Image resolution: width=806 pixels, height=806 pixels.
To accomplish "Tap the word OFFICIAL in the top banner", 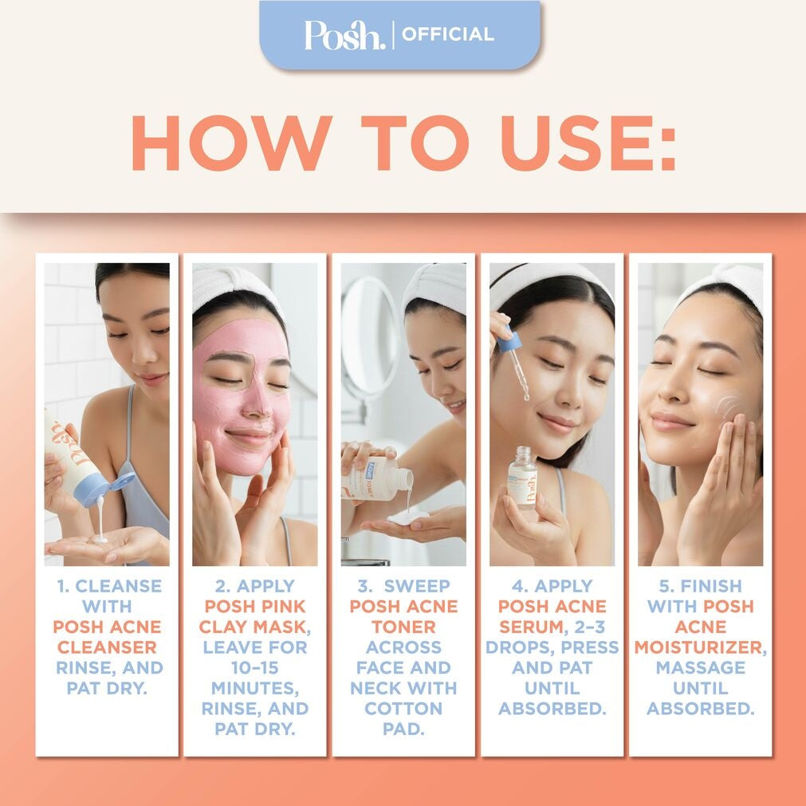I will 447,35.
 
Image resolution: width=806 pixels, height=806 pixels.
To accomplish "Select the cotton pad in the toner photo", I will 407,518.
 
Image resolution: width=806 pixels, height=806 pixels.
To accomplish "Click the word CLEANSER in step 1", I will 107,647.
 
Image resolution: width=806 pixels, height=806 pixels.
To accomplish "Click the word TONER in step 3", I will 403,627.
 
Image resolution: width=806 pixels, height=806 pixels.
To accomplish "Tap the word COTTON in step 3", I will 403,708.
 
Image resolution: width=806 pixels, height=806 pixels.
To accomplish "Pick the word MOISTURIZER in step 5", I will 698,647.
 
